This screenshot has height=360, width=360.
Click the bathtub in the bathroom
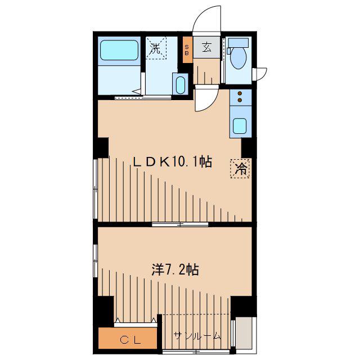[119, 50]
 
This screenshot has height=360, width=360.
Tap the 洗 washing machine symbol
[156, 48]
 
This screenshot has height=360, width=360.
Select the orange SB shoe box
[187, 50]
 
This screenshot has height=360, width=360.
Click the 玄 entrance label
[206, 47]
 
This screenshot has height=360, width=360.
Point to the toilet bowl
[238, 57]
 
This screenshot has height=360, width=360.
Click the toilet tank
[238, 43]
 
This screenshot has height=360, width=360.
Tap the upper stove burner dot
[240, 93]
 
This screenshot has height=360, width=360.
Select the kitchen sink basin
[240, 126]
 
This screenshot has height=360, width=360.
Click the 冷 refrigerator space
[240, 169]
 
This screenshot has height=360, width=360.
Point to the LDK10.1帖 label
[173, 162]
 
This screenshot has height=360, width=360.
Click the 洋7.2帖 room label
[175, 269]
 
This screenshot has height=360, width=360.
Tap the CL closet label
[130, 340]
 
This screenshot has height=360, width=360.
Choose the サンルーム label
[197, 336]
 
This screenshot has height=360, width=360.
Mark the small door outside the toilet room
[259, 74]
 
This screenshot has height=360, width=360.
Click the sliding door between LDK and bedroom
[180, 224]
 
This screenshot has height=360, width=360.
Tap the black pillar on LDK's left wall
[101, 148]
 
